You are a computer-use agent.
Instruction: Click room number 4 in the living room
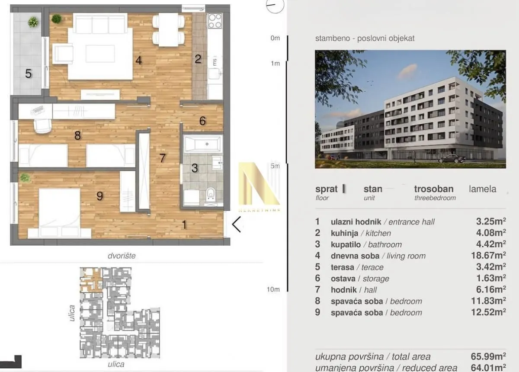[x=138, y=61]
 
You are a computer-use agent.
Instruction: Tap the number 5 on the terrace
[x=28, y=74]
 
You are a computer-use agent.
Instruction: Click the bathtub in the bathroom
[x=203, y=143]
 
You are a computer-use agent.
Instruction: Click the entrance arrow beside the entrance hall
[x=236, y=224]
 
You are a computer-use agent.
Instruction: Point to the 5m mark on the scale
[x=275, y=166]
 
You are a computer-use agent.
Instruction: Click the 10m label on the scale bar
[x=274, y=290]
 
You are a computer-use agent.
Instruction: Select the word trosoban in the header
[x=433, y=189]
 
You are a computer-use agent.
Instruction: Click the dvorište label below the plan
[x=122, y=256]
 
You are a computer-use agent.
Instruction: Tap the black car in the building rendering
[x=452, y=159]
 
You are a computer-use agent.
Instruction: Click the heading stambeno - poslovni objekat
[x=365, y=38]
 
